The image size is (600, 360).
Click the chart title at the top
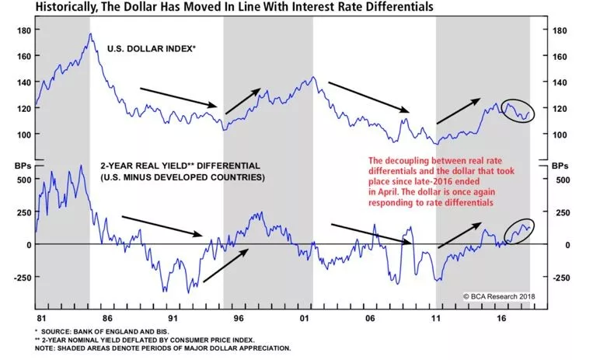pyautogui.click(x=256, y=8)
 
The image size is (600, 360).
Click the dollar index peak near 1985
pyautogui.click(x=90, y=34)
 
